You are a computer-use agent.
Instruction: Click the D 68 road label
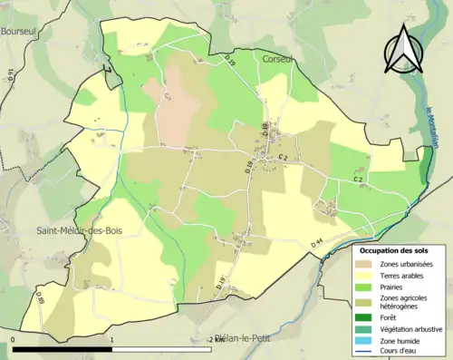(x=266, y=130)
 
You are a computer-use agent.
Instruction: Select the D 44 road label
(x=317, y=242)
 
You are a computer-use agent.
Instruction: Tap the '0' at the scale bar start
(x=13, y=339)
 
